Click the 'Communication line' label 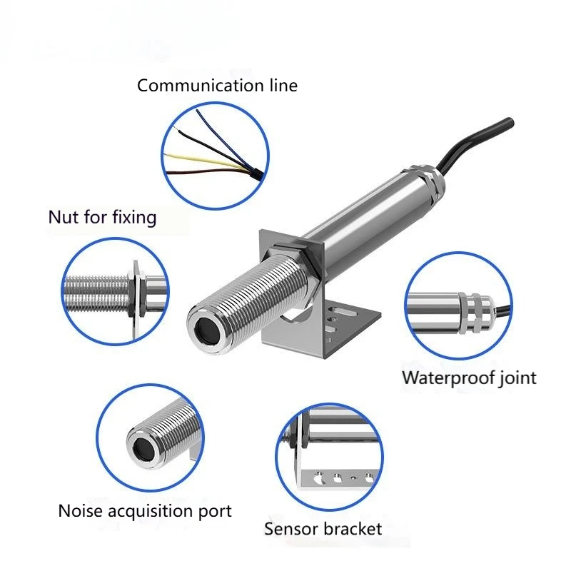[217, 86]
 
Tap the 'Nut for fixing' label [102, 218]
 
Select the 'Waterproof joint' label [469, 378]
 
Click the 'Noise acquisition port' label [145, 511]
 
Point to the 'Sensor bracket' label [323, 529]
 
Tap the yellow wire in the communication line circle [204, 161]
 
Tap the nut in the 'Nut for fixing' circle [138, 291]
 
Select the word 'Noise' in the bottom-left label [81, 510]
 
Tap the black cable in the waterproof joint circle [502, 311]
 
